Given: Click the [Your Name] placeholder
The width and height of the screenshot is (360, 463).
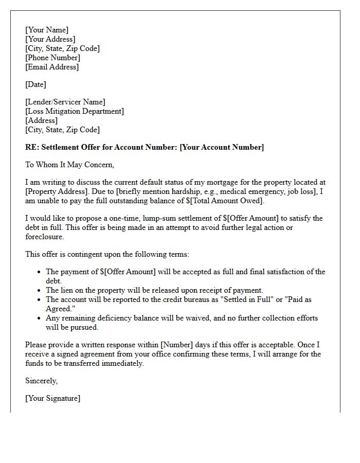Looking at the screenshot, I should pyautogui.click(x=47, y=30).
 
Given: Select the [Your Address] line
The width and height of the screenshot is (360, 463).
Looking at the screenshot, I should pyautogui.click(x=50, y=39).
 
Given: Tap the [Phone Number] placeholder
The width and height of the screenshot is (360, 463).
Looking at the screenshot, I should pyautogui.click(x=52, y=58).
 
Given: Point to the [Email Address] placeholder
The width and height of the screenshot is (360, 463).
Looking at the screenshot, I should pyautogui.click(x=52, y=67).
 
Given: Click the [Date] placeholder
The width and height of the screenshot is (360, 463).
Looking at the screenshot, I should pyautogui.click(x=35, y=84).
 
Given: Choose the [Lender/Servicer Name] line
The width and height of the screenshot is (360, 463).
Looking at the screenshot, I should pyautogui.click(x=65, y=102).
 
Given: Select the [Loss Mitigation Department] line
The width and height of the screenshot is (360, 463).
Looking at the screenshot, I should pyautogui.click(x=75, y=111).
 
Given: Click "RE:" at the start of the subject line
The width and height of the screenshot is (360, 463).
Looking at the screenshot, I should pyautogui.click(x=32, y=147).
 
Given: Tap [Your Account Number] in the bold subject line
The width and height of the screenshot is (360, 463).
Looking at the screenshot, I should pyautogui.click(x=222, y=147).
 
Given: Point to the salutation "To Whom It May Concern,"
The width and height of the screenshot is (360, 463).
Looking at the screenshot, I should pyautogui.click(x=69, y=165).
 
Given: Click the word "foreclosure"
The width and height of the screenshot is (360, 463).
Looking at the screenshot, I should pyautogui.click(x=45, y=237).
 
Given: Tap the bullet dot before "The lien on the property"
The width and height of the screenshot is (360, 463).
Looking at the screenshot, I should pyautogui.click(x=40, y=291).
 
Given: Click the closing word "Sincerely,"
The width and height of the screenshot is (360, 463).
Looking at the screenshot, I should pyautogui.click(x=42, y=381).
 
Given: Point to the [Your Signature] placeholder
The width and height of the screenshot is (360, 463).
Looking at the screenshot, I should pyautogui.click(x=53, y=398).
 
